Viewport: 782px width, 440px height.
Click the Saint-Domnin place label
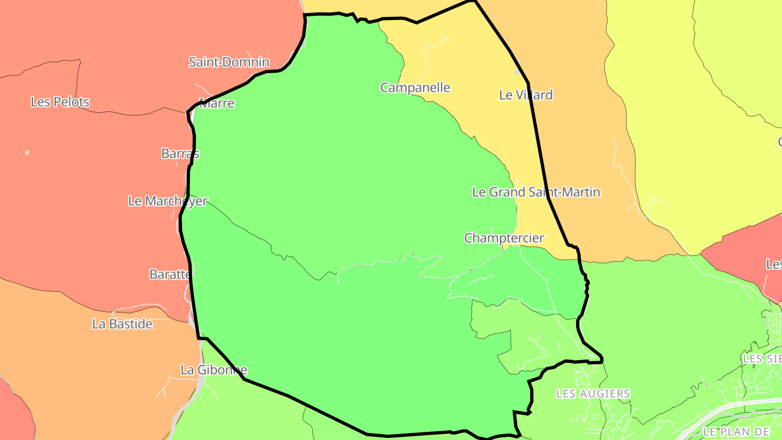[x=229, y=62]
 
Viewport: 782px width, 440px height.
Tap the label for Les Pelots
[x=60, y=102]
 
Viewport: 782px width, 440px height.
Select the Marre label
[x=217, y=103]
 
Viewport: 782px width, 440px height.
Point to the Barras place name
[x=180, y=154]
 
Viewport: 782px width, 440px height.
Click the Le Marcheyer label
[x=167, y=201]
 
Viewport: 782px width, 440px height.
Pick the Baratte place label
[x=171, y=274]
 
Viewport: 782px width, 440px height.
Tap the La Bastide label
[x=122, y=324]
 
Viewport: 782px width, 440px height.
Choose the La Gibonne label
[x=213, y=370]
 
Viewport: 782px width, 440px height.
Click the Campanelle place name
[x=415, y=87]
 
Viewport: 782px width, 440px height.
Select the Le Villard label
[x=526, y=95]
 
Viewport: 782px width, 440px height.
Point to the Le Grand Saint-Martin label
[x=536, y=192]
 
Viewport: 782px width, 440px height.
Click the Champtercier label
[x=503, y=238]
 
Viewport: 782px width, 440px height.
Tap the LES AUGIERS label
[x=593, y=393]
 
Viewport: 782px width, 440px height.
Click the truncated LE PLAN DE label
[x=736, y=431]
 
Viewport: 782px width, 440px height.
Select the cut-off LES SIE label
[x=762, y=359]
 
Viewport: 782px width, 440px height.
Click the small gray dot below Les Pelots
[x=27, y=153]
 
